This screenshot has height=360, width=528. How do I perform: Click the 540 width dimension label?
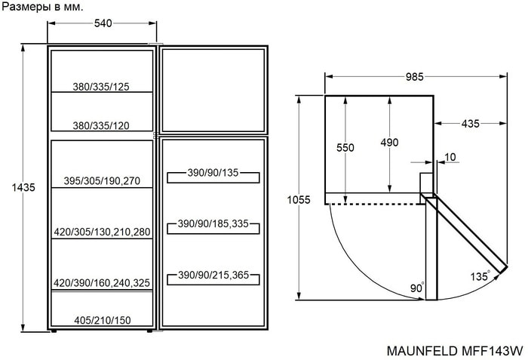[x=103, y=23]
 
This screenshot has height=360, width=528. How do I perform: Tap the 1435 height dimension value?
[x=23, y=187]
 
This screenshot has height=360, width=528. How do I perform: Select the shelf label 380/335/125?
[x=101, y=87]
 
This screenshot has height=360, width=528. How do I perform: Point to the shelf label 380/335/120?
[x=101, y=126]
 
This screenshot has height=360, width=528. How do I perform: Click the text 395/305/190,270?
[x=102, y=181]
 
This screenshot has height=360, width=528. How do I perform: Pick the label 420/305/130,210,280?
[x=102, y=232]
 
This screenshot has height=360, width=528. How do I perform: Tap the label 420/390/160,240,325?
[x=102, y=283]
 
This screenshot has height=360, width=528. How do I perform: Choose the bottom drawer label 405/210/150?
[x=103, y=320]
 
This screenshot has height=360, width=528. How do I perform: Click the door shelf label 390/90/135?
[x=213, y=173]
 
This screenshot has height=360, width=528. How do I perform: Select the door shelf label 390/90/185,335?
[x=213, y=223]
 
